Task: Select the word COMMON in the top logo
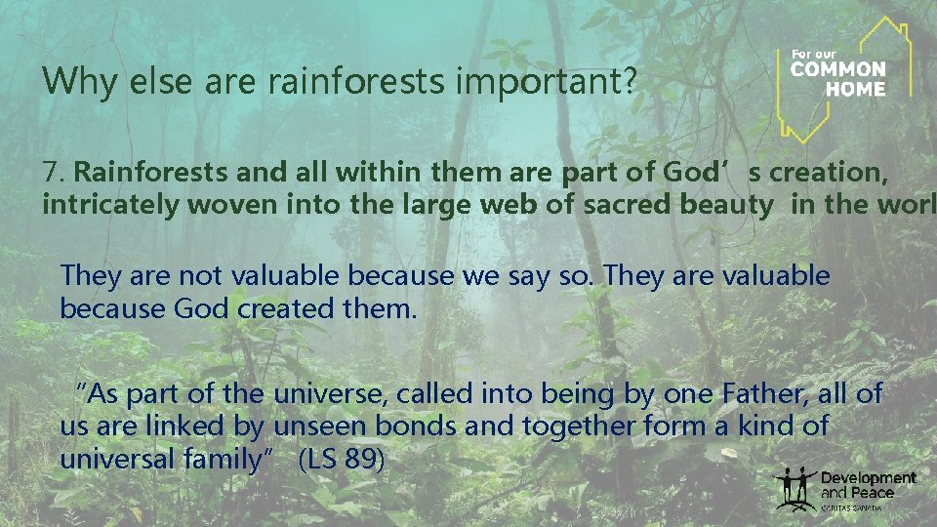pyautogui.click(x=837, y=69)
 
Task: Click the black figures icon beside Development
pyautogui.click(x=794, y=487)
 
